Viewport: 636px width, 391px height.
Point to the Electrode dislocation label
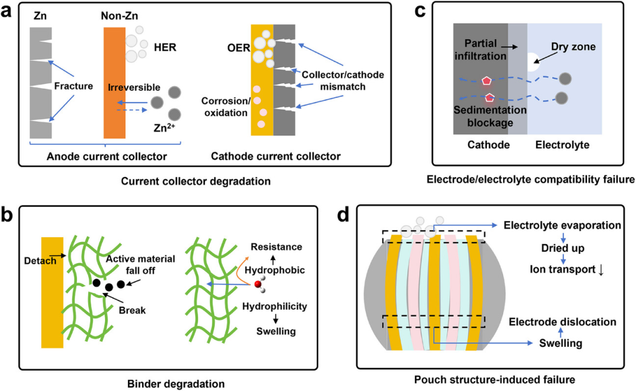pos(562,321)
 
